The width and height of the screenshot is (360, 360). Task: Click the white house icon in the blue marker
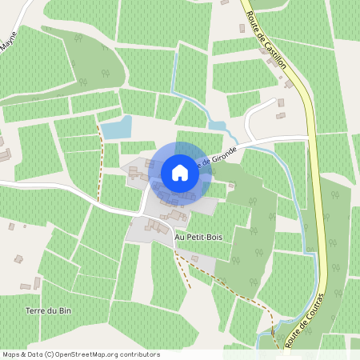click(180, 173)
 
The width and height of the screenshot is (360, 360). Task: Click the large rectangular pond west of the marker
click(115, 127)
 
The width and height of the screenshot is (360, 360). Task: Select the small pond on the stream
click(217, 126)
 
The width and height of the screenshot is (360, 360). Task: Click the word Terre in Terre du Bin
click(35, 310)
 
